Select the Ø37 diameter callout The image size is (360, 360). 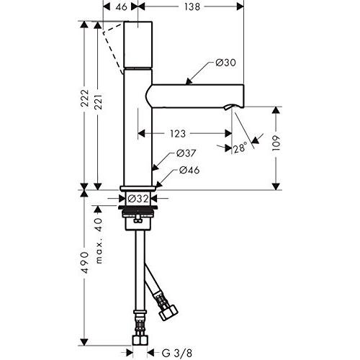click(186, 154)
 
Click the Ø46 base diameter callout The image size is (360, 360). click(189, 170)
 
